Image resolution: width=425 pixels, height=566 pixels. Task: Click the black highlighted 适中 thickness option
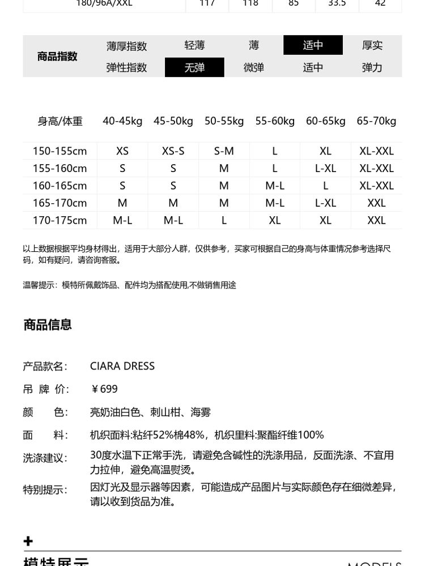(313, 45)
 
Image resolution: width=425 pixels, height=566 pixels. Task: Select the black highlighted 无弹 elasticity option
(194, 67)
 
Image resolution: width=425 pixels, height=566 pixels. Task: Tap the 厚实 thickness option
(372, 45)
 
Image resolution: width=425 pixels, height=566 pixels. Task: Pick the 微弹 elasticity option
(254, 67)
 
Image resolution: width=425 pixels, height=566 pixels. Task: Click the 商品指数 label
(57, 56)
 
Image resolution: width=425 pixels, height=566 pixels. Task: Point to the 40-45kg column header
(122, 121)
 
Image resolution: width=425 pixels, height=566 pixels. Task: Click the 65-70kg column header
(376, 121)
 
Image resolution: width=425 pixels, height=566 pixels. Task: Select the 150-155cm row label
(59, 151)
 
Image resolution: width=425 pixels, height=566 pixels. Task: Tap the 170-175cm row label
(59, 220)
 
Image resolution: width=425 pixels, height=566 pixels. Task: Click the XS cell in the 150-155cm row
(122, 151)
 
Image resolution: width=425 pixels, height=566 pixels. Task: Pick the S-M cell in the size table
(224, 151)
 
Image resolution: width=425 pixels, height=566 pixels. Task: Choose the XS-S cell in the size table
(173, 151)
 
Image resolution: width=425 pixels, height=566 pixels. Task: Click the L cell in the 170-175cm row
(224, 220)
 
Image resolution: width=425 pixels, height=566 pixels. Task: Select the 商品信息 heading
(48, 325)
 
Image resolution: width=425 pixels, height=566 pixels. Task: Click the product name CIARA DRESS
(122, 366)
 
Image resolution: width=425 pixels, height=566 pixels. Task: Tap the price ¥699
(104, 389)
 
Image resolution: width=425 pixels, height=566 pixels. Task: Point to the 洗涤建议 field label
(45, 458)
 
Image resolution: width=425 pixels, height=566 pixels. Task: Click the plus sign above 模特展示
(28, 542)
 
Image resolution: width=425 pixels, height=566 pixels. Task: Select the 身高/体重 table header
(60, 121)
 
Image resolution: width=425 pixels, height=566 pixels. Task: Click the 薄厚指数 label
(126, 46)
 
